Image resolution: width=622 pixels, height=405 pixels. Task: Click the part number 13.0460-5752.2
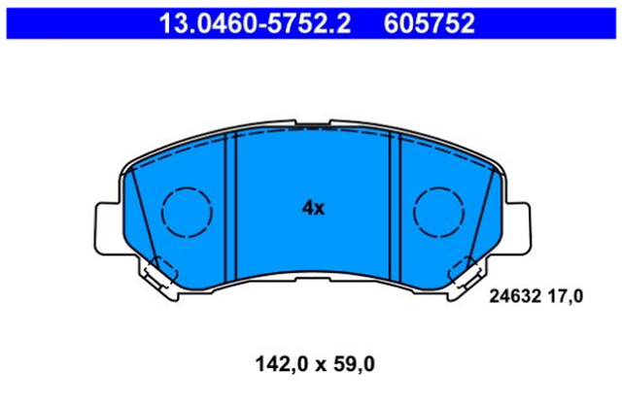pyautogui.click(x=255, y=23)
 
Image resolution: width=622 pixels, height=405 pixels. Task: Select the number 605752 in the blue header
pyautogui.click(x=429, y=23)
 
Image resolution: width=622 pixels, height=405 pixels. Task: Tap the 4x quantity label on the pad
pyautogui.click(x=313, y=208)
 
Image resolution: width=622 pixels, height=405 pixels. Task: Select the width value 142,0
pyautogui.click(x=281, y=364)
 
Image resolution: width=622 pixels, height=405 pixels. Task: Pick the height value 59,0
pyautogui.click(x=354, y=364)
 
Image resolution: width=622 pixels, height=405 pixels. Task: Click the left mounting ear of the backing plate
pyautogui.click(x=108, y=228)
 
